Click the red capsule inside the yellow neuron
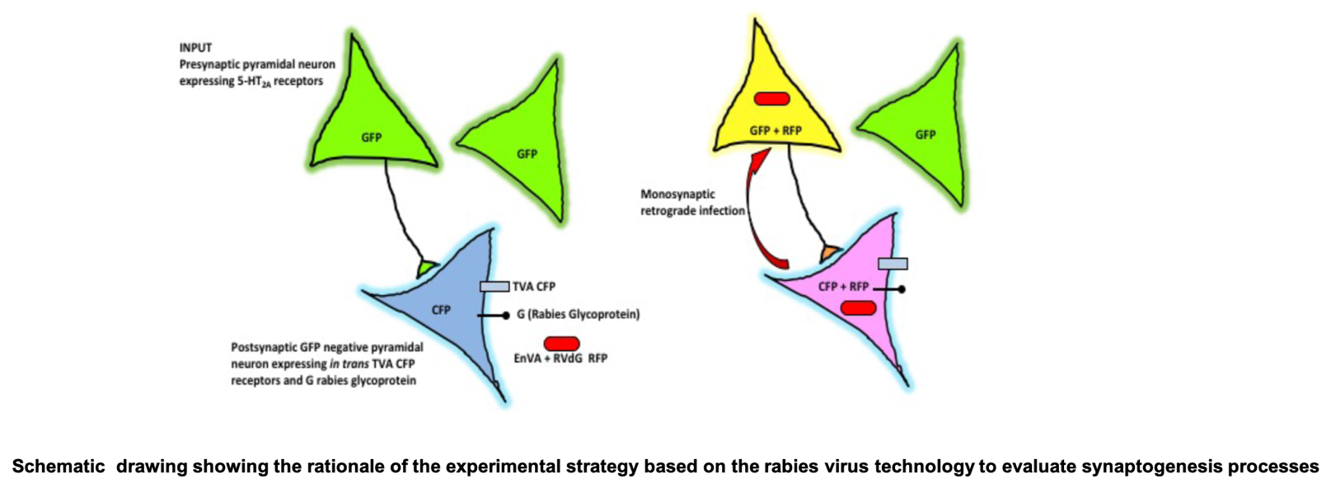coord(771,99)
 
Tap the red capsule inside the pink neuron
coord(859,308)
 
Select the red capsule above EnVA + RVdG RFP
coord(561,344)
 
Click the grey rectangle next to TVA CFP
coord(494,287)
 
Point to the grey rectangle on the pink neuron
coord(893,263)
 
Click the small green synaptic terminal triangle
coord(427,268)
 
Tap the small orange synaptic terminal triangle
coord(830,252)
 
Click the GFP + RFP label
coord(776,130)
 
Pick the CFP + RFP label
coord(843,287)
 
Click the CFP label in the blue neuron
coord(441,310)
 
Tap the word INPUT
coord(195,48)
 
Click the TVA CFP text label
coord(533,287)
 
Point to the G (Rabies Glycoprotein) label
coord(579,314)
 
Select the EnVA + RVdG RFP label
coord(560,358)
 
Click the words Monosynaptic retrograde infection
coord(692,202)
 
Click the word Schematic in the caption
coord(59,467)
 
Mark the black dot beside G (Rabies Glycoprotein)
coord(506,316)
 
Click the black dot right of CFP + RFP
coord(902,289)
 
